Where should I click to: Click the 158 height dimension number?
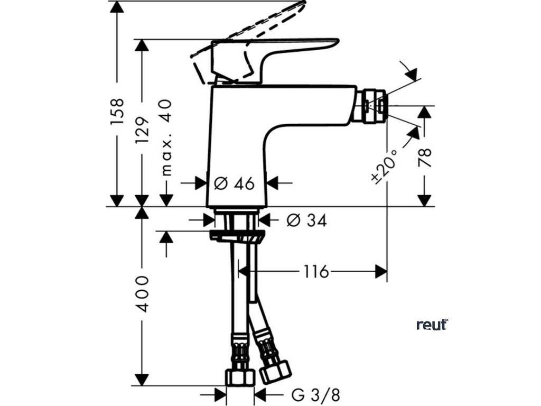coord(117,111)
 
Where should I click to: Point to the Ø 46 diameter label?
coord(235,183)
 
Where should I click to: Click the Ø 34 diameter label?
coord(306,220)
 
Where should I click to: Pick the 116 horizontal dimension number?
coord(316,272)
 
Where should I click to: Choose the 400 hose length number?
coord(142,293)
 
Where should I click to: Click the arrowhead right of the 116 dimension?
coord(381,272)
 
